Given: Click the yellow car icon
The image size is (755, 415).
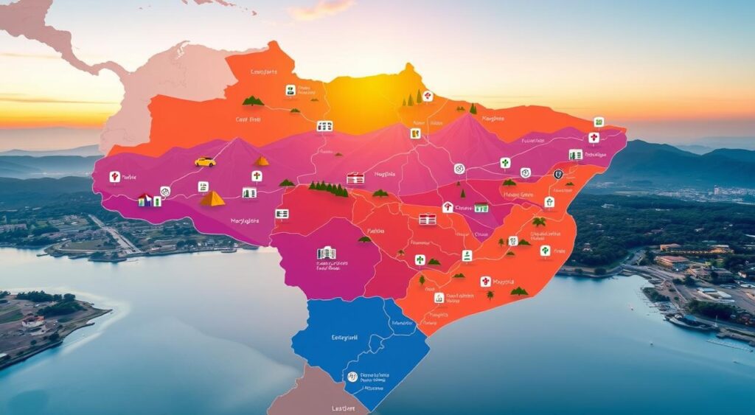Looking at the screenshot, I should pos(205,161).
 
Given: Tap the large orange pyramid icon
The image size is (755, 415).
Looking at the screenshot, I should pos(212,198).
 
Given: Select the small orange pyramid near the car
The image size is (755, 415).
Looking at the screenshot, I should pos(262,161).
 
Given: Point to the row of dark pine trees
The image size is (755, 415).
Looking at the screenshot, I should pos(329,189).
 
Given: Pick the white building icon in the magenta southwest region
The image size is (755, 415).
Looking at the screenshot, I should pos(326,253).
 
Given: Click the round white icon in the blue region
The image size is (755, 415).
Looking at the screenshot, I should pos(352,377).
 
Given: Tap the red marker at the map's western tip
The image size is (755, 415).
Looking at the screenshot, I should pos(114,177).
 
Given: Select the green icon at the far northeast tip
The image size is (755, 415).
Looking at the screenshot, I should pos(599,122).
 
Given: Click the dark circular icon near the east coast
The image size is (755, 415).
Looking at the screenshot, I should pos(558,174).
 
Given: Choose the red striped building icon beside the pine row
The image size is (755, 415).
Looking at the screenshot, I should pos(355,178).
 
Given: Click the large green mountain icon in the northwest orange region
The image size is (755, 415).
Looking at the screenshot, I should pos(253,100).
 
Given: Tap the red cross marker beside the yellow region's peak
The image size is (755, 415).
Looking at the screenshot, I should pos(427,96).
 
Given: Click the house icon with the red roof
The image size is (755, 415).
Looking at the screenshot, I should pos(448,207).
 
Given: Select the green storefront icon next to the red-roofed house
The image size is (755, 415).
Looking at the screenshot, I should pos(481,208).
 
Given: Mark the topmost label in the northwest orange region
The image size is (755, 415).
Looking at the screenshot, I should pos(263,72).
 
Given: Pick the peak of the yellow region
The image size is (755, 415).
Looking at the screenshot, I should pos(408,68).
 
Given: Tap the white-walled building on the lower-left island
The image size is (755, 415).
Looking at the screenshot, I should pos(32,322).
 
